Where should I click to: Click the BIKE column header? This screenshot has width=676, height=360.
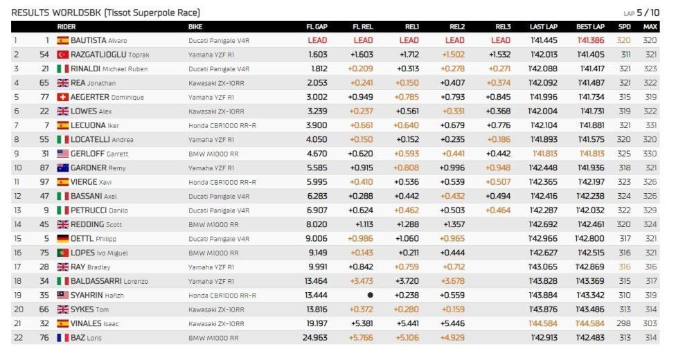(195, 27)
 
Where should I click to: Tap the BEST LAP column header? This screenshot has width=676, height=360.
(590, 27)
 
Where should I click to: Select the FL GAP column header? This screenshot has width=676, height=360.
(317, 27)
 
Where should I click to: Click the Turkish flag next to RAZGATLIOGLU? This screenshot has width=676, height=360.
(63, 55)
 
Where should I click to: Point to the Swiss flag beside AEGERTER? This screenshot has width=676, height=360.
(63, 97)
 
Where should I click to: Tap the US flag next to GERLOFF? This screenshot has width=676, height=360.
(63, 154)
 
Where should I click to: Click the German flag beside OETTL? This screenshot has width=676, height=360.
(63, 238)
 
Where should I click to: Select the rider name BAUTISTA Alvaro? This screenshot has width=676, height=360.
(99, 41)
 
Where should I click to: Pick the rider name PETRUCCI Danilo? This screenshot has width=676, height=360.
(99, 210)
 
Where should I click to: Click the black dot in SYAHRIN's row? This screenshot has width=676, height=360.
(370, 296)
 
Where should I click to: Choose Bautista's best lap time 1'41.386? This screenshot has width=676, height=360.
(591, 41)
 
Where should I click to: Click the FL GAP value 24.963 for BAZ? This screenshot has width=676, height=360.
(314, 338)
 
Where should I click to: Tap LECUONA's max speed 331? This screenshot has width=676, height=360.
(650, 125)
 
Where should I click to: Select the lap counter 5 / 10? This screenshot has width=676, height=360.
(648, 12)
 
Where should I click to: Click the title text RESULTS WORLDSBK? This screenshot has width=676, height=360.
(56, 12)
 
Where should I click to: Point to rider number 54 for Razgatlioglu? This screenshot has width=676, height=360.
(44, 55)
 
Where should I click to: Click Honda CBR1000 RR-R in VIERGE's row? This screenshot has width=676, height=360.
(222, 182)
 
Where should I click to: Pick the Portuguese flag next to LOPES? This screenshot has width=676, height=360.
(63, 253)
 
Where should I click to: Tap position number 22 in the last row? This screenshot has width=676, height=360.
(18, 338)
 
